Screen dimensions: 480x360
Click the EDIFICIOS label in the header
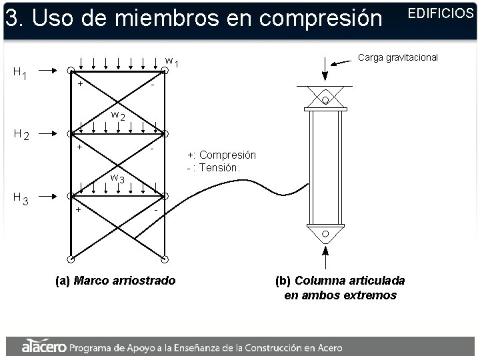click(x=440, y=13)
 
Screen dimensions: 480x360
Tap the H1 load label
click(x=20, y=73)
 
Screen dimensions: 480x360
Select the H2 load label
click(x=21, y=134)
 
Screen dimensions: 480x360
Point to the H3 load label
click(x=21, y=198)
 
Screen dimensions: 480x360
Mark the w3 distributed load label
click(x=117, y=178)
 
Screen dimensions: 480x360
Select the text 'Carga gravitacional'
click(x=398, y=57)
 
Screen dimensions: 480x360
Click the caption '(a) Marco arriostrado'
click(x=115, y=281)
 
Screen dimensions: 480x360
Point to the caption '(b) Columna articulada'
click(x=340, y=280)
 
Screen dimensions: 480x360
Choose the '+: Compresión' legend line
click(x=221, y=155)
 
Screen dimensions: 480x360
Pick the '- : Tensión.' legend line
click(x=213, y=167)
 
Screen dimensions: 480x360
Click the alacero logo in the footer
click(x=44, y=346)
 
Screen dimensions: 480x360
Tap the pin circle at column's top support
click(x=325, y=100)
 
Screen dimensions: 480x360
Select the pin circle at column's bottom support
click(x=325, y=234)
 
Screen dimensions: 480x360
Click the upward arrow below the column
click(x=325, y=256)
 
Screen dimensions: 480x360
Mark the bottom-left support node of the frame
click(x=70, y=259)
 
